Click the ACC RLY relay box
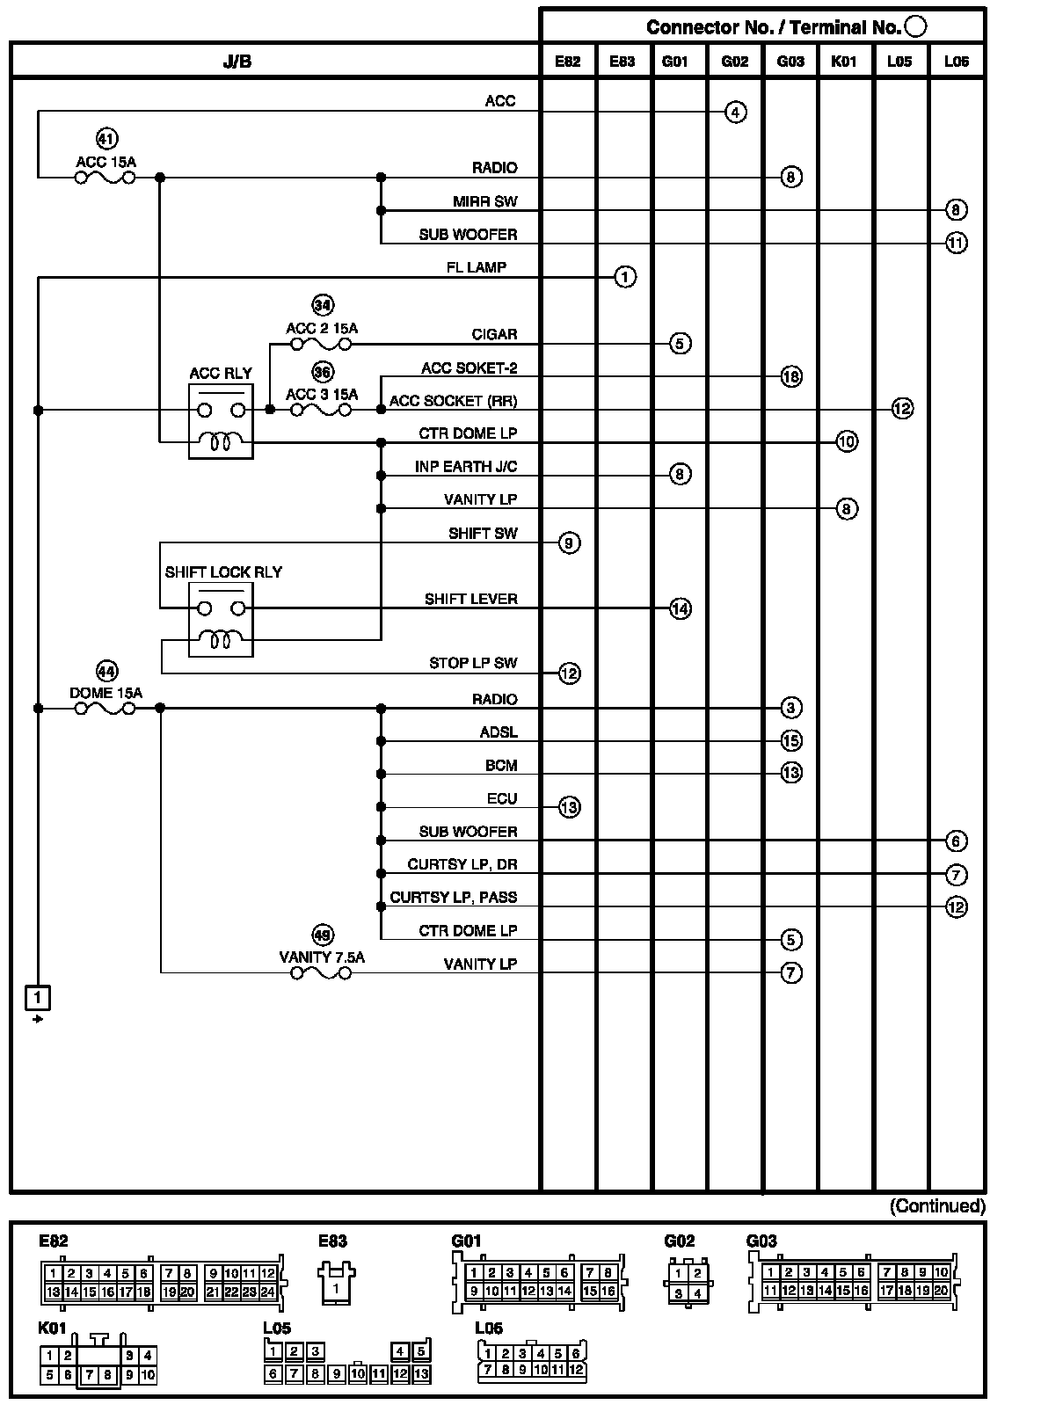coord(221,421)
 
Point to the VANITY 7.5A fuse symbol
coord(321,972)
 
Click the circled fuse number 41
coord(106,139)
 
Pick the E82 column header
coord(568,62)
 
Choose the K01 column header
coord(844,62)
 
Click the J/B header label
coord(238,62)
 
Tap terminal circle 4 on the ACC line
coord(736,113)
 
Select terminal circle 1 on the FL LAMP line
coord(624,277)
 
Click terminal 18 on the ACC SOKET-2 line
coord(791,376)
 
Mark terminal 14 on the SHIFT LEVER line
coord(681,608)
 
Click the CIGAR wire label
coord(494,334)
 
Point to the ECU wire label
coord(502,798)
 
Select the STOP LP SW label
coord(473,663)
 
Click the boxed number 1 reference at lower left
coord(37,998)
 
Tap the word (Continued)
coord(937,1206)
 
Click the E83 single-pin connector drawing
coord(335,1283)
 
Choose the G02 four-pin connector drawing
coord(688,1283)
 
